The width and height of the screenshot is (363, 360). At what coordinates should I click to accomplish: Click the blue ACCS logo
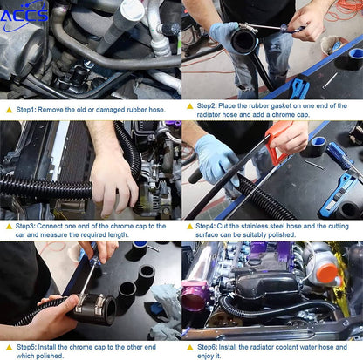click(x=24, y=15)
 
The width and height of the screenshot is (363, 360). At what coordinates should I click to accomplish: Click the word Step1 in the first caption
click(x=26, y=110)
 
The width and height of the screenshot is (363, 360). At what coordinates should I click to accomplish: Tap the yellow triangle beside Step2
click(x=190, y=106)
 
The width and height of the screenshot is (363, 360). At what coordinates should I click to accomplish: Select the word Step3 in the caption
click(x=25, y=226)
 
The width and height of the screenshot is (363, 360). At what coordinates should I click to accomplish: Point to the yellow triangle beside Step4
click(x=190, y=227)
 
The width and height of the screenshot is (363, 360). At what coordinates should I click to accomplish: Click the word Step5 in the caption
click(x=26, y=347)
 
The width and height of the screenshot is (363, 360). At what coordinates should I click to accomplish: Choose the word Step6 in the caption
click(x=207, y=347)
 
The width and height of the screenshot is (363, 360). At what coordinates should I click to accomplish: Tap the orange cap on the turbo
click(x=327, y=274)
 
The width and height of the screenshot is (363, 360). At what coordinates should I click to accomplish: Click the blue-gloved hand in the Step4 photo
click(x=216, y=160)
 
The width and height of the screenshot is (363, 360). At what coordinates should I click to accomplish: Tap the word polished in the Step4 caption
click(x=282, y=234)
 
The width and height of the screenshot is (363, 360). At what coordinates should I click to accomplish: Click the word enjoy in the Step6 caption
click(x=206, y=356)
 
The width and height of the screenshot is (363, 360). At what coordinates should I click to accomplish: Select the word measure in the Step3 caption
click(x=54, y=234)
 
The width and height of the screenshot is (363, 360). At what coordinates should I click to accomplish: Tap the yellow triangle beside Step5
click(x=10, y=347)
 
